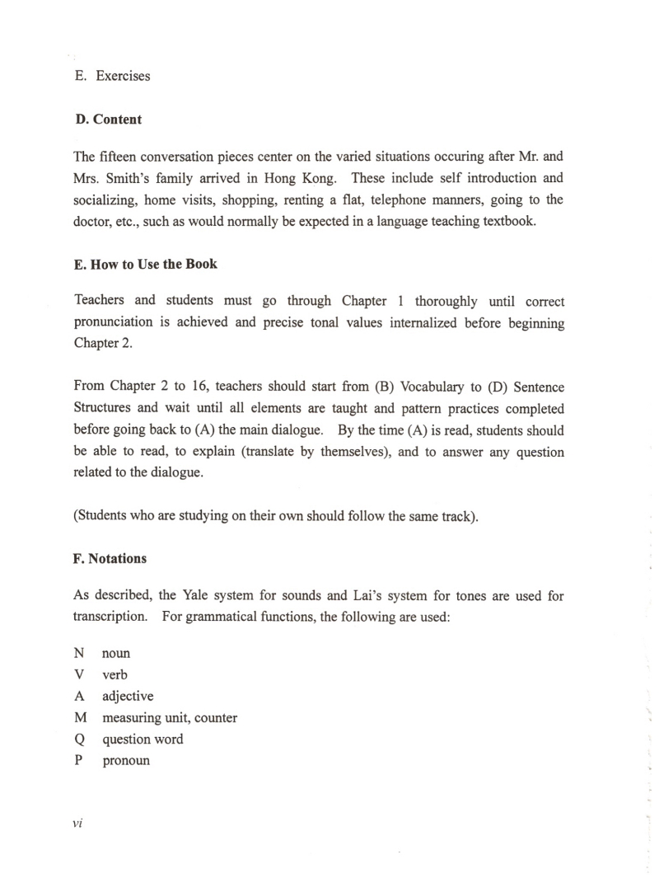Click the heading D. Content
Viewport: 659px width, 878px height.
click(x=108, y=120)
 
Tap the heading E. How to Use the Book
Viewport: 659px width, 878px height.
click(x=145, y=265)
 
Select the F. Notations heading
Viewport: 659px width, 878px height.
click(x=110, y=558)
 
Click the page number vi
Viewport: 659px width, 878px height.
click(x=79, y=823)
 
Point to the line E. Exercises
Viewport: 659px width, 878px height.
click(x=112, y=76)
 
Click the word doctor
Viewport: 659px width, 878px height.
click(x=94, y=221)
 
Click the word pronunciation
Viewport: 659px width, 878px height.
click(x=114, y=322)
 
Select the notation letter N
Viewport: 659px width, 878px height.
click(x=79, y=653)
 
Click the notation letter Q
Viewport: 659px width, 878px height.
click(x=79, y=739)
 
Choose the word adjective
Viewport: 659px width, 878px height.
click(x=128, y=697)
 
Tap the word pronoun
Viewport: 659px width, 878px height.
click(x=126, y=760)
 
